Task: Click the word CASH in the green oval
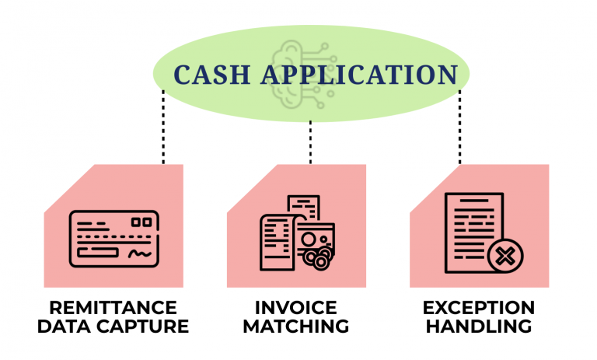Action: (212, 75)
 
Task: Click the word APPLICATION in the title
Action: (359, 75)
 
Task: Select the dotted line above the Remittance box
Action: (163, 127)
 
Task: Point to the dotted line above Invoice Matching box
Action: (310, 142)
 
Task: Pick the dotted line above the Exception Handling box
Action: (459, 127)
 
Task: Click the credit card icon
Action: (113, 239)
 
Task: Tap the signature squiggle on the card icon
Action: (140, 253)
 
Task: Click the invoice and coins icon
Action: (298, 233)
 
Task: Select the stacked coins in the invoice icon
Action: (318, 258)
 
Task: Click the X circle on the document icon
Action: (505, 256)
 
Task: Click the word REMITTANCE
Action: (113, 307)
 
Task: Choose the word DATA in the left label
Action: (64, 327)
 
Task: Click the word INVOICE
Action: (296, 307)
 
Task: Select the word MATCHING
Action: (296, 327)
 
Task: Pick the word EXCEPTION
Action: (479, 307)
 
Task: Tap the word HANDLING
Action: (479, 327)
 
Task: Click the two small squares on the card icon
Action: (141, 222)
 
